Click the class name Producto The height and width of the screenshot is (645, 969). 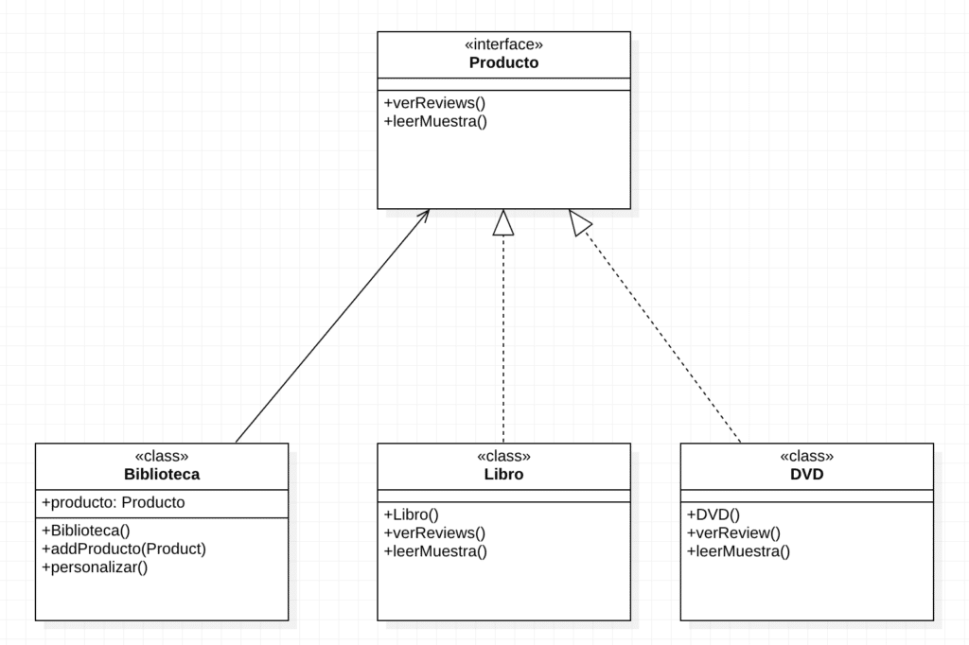[503, 63]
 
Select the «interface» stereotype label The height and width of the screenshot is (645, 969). [503, 44]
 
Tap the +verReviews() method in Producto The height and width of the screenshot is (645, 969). [434, 103]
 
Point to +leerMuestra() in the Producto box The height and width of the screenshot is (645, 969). [435, 121]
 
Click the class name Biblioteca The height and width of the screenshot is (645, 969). [162, 475]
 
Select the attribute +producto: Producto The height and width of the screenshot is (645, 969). [114, 502]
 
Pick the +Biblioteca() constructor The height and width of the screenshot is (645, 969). [85, 531]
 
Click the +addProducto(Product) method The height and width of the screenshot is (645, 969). [124, 549]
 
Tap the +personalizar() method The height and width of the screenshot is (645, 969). [95, 567]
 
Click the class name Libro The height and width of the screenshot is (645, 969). [503, 475]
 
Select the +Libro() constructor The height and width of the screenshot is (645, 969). [412, 514]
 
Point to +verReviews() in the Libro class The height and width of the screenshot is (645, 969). [434, 532]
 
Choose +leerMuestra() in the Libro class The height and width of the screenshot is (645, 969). [435, 551]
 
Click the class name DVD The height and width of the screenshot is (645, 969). [806, 475]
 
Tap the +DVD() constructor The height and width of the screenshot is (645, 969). [714, 514]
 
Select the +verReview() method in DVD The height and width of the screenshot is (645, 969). [733, 532]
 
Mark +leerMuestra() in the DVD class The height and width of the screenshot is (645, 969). [738, 551]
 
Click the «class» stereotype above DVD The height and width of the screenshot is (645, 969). [806, 456]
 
